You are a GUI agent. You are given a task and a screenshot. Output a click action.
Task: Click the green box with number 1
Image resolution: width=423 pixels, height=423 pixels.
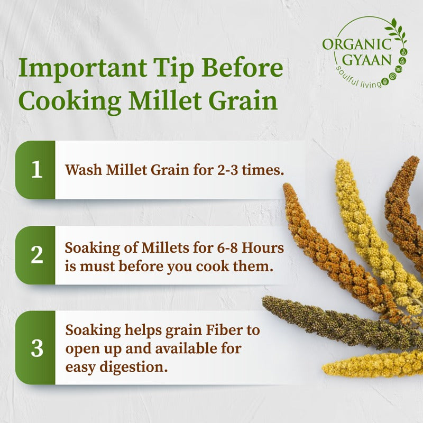pyautogui.click(x=36, y=170)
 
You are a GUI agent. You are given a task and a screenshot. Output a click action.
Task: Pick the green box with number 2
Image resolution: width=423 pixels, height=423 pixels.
pyautogui.click(x=36, y=255)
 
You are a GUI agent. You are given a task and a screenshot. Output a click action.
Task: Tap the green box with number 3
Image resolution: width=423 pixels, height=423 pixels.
pyautogui.click(x=36, y=347)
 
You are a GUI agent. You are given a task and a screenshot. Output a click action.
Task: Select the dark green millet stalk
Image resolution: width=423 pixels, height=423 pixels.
pyautogui.click(x=328, y=320)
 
